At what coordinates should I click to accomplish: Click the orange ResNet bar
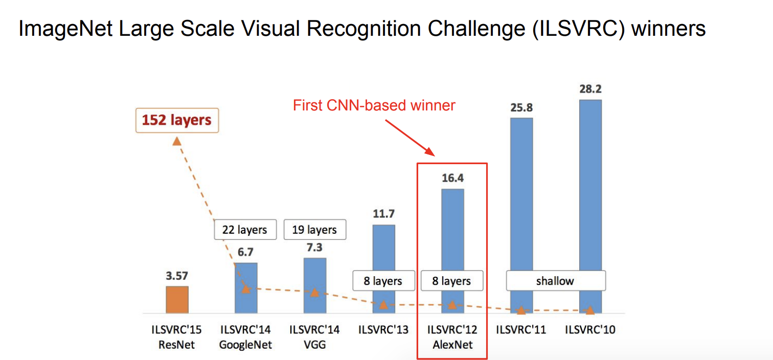(x=177, y=300)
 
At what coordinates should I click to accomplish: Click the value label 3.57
(x=177, y=276)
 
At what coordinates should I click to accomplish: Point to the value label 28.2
(x=590, y=89)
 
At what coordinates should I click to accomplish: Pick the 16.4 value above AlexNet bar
(x=453, y=178)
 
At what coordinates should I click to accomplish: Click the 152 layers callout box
(x=177, y=120)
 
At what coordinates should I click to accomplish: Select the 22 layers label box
(x=245, y=230)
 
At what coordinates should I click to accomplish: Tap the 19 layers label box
(x=315, y=230)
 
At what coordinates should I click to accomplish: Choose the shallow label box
(x=556, y=281)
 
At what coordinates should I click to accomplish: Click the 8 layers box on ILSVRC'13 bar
(x=383, y=281)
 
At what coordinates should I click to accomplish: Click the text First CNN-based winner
(x=374, y=105)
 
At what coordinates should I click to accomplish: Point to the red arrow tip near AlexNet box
(x=435, y=156)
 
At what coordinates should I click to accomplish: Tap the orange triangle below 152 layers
(x=177, y=141)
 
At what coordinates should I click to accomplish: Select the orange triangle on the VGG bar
(x=314, y=292)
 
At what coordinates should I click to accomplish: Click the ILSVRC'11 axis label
(x=521, y=330)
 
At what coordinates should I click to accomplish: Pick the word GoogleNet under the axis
(x=245, y=345)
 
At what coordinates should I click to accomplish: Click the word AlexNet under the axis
(x=452, y=345)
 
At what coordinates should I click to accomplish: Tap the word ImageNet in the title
(x=65, y=29)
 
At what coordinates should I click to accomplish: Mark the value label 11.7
(x=383, y=214)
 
